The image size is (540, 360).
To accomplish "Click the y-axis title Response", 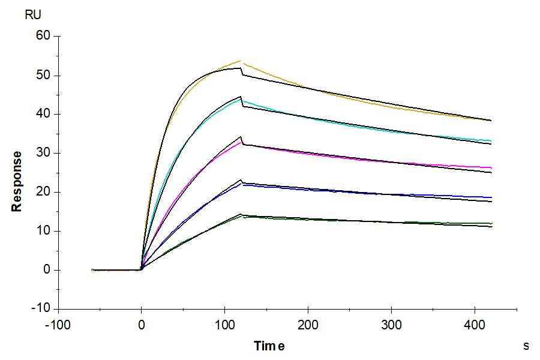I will [17, 181].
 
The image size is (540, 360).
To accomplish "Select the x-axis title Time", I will [269, 346].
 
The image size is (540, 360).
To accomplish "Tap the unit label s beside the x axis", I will [526, 346].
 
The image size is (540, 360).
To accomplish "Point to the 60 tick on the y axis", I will [44, 37].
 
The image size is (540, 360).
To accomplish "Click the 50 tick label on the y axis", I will [44, 76].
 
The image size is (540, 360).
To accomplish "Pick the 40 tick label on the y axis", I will [44, 115].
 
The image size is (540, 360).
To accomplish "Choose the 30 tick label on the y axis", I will [44, 154].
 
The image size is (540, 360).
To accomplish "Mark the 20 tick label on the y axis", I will [44, 192].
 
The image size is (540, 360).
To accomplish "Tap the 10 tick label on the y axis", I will [44, 231].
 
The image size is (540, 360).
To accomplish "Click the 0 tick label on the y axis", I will [47, 270].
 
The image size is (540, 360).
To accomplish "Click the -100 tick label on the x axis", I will [58, 324].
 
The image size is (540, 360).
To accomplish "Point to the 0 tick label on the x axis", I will [142, 324].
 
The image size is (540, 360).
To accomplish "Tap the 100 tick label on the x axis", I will [225, 324].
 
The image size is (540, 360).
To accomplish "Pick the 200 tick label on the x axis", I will [308, 324].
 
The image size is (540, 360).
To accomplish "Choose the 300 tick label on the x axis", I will [392, 324].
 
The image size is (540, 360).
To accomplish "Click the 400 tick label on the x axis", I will [475, 324].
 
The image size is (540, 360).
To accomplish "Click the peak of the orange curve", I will [241, 61].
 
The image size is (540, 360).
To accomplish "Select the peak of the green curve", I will [242, 216].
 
